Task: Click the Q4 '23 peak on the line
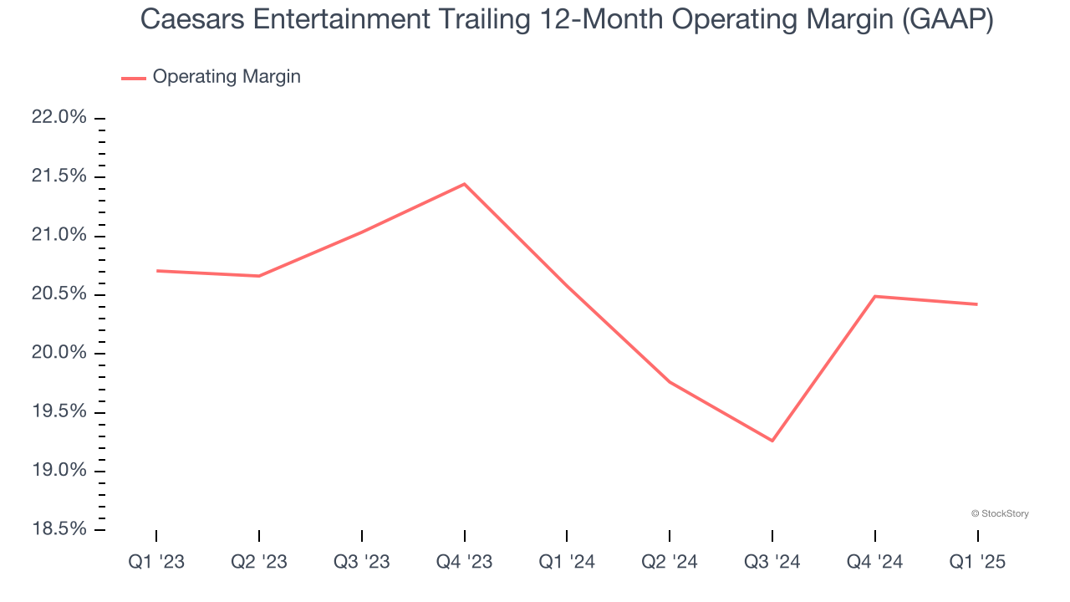(465, 184)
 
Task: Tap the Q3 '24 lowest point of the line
(772, 441)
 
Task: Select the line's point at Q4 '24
(875, 296)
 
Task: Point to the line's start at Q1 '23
(156, 271)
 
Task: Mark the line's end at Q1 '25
(977, 304)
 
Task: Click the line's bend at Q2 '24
(670, 382)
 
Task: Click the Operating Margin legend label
(227, 77)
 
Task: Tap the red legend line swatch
(134, 78)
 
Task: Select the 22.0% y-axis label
(59, 118)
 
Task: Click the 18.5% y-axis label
(59, 529)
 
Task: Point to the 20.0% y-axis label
(59, 353)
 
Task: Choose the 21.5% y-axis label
(59, 176)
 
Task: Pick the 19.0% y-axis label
(59, 471)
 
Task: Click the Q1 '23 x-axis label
(156, 563)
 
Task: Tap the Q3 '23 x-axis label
(362, 563)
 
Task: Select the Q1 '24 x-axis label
(567, 563)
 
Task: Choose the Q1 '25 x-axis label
(977, 563)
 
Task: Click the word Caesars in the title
(190, 20)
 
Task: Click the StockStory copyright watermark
(1000, 513)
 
